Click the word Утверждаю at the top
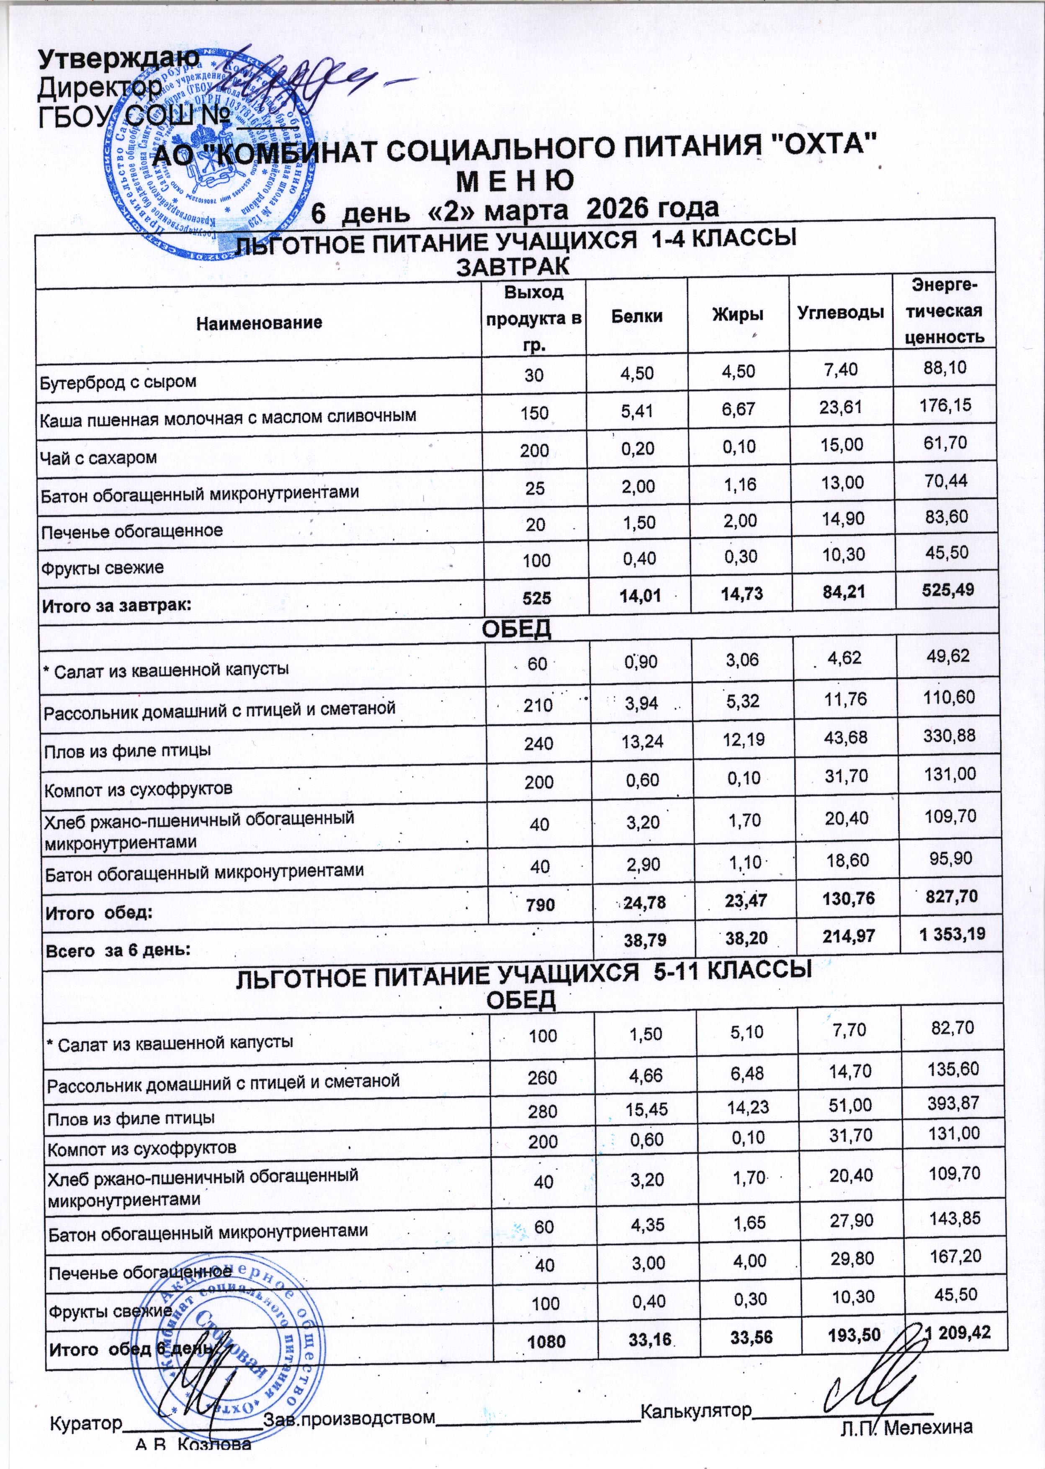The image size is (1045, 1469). [119, 59]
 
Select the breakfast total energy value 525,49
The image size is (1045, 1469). [945, 590]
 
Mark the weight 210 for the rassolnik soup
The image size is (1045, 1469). [538, 705]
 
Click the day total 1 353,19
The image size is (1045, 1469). [952, 934]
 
